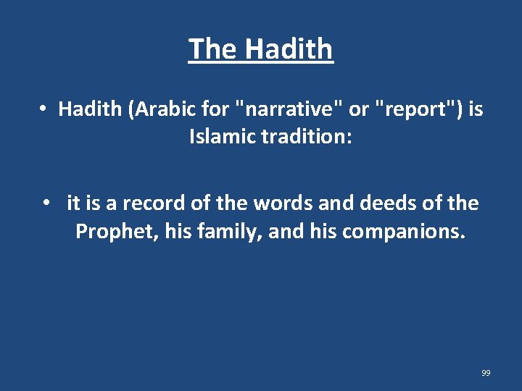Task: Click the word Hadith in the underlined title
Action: [289, 49]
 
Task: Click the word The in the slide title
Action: [213, 49]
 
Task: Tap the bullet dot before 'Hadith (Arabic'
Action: [43, 109]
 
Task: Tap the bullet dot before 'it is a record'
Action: [47, 203]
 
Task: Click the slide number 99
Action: [486, 373]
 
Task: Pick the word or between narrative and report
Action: [359, 109]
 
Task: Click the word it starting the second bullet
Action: [73, 203]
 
